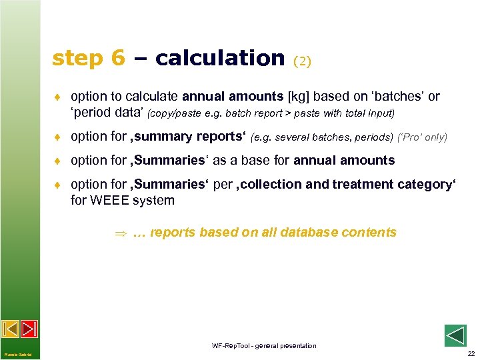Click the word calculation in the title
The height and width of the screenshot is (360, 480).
point(219,58)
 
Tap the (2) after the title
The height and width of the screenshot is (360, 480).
point(302,61)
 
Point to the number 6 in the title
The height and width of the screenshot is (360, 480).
point(118,58)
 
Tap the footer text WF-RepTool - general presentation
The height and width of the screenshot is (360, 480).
point(264,345)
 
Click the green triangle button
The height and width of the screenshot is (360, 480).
point(455,335)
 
